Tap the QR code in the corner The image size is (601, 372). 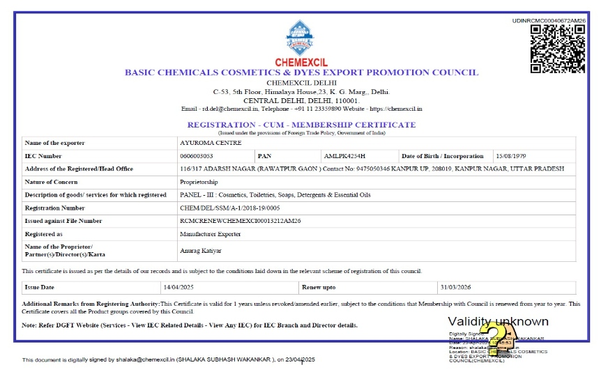pyautogui.click(x=557, y=49)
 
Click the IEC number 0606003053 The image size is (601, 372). pyautogui.click(x=196, y=156)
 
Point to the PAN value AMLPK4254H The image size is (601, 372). pyautogui.click(x=344, y=156)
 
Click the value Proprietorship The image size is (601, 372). pyautogui.click(x=199, y=182)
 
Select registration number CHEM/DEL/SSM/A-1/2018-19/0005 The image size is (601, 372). pyautogui.click(x=229, y=208)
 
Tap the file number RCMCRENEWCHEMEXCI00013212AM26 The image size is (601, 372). pyautogui.click(x=239, y=221)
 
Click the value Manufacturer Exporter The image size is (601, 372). pyautogui.click(x=208, y=234)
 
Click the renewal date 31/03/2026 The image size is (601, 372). pyautogui.click(x=457, y=287)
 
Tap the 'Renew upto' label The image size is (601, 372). pyautogui.click(x=319, y=287)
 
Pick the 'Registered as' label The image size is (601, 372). pyautogui.click(x=43, y=234)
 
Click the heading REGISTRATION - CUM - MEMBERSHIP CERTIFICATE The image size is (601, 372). pyautogui.click(x=301, y=125)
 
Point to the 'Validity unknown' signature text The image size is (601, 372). pyautogui.click(x=498, y=322)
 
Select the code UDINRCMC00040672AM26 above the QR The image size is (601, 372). pyautogui.click(x=549, y=21)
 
